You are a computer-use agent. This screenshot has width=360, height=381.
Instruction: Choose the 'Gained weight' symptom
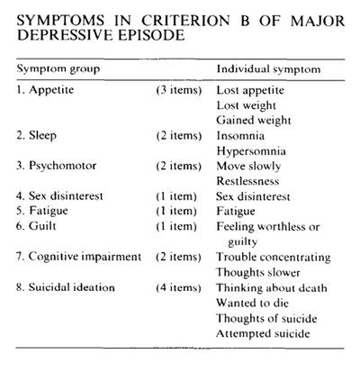[253, 120]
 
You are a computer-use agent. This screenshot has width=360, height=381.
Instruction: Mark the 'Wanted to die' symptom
[252, 304]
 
